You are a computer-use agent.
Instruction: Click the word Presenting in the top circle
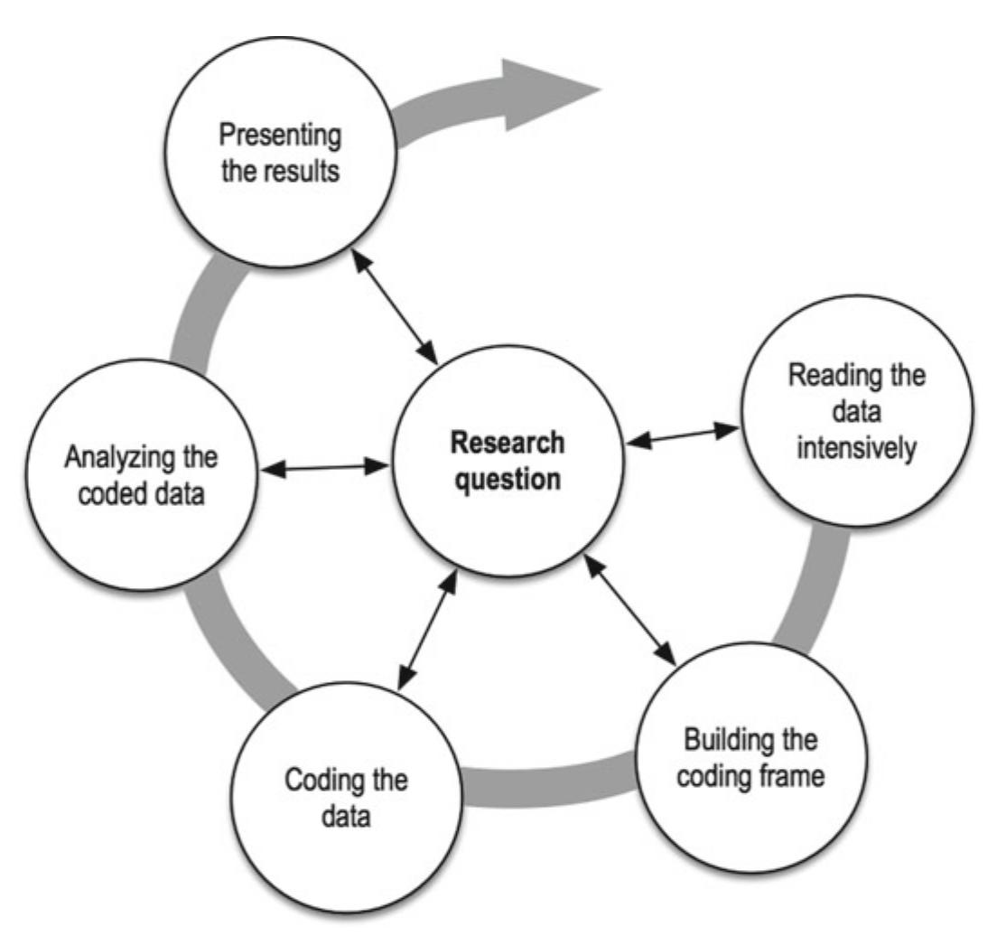[281, 137]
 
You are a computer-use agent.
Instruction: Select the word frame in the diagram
[792, 775]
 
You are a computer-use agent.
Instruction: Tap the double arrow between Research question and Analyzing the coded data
[322, 468]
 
